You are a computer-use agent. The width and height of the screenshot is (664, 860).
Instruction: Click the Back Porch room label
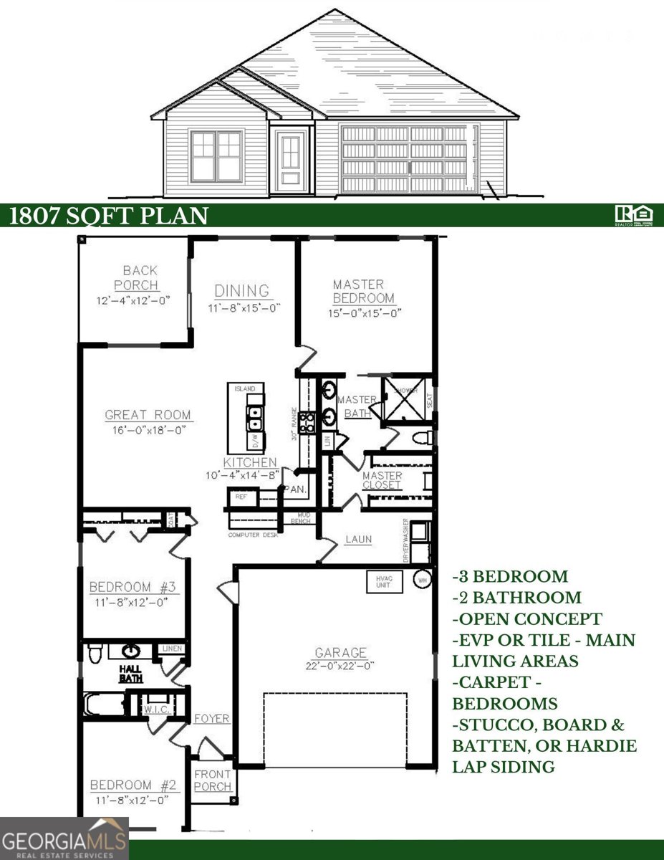coord(140,277)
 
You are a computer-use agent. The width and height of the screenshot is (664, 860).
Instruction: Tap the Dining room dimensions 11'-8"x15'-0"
coord(243,307)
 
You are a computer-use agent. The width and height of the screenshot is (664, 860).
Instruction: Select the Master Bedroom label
coord(362,291)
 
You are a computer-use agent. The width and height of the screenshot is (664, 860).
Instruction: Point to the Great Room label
coord(148,414)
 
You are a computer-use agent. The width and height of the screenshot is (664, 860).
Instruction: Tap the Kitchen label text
coord(249,463)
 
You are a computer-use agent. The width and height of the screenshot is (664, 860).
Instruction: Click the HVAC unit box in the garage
coord(384,581)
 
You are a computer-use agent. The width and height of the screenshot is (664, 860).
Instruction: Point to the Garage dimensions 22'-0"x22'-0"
coord(341,666)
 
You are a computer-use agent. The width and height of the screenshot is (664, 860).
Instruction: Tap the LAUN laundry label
coord(358,539)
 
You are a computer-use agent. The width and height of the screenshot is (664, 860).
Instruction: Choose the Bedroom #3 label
coord(133,588)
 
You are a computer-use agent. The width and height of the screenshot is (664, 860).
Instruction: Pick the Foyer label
coord(211,718)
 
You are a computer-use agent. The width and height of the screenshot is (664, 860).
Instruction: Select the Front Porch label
coord(213,780)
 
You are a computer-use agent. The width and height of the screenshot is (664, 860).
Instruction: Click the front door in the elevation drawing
coord(291,159)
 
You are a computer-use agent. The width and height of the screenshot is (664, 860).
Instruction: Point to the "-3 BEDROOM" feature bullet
coord(510,576)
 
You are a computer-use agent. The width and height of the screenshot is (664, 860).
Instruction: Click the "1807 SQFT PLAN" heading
coord(109,216)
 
